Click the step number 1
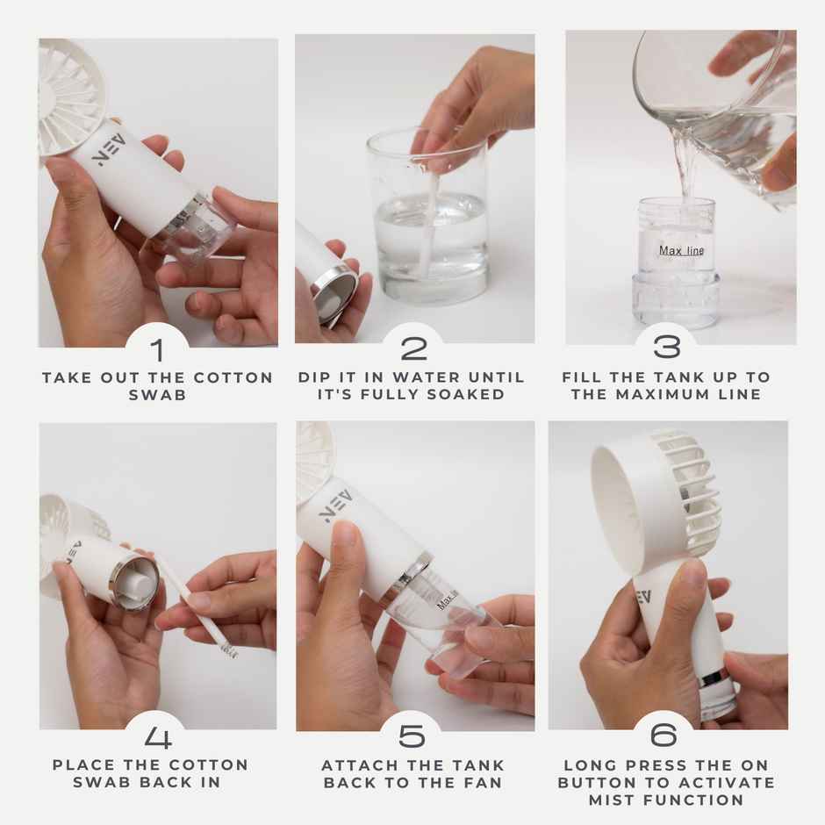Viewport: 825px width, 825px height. coord(157,350)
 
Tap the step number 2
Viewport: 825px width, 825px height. coord(413,348)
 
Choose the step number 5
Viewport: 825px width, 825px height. coord(413,736)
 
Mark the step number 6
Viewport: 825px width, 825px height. coord(667,736)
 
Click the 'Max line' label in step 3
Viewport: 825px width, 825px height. coord(681,251)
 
